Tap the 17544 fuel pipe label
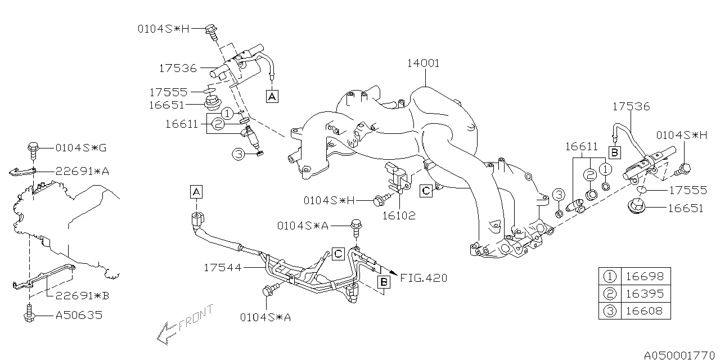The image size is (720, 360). [222, 268]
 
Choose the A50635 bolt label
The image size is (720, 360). [79, 316]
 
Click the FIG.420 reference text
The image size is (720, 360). [424, 278]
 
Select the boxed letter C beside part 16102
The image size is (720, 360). [426, 191]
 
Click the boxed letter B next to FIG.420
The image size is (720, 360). [383, 282]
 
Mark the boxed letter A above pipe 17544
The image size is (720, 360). [196, 192]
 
